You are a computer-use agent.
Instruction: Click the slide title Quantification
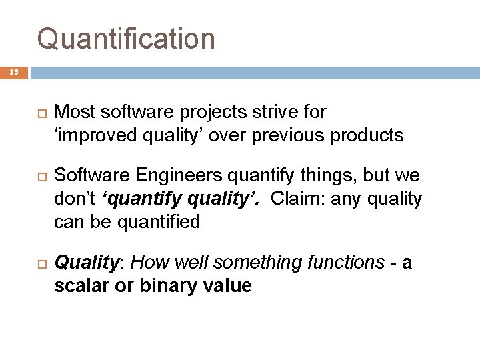point(126,39)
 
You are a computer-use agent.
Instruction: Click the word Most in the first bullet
point(73,111)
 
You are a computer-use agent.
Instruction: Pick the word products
point(370,135)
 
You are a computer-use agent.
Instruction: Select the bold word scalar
point(81,286)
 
